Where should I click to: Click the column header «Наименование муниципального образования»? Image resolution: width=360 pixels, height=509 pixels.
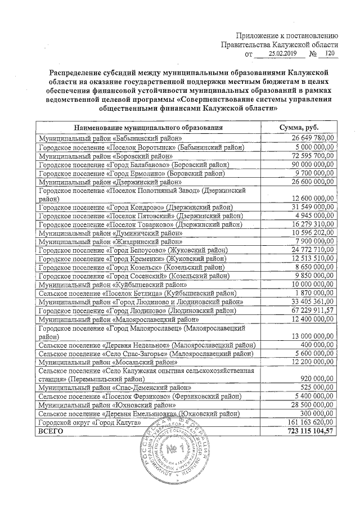pyautogui.click(x=148, y=128)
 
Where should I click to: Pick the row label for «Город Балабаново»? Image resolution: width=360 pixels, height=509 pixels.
pyautogui.click(x=134, y=165)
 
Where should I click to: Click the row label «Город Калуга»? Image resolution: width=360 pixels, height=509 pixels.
pyautogui.click(x=88, y=422)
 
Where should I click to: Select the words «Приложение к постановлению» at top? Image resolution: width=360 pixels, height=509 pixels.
pyautogui.click(x=286, y=34)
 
